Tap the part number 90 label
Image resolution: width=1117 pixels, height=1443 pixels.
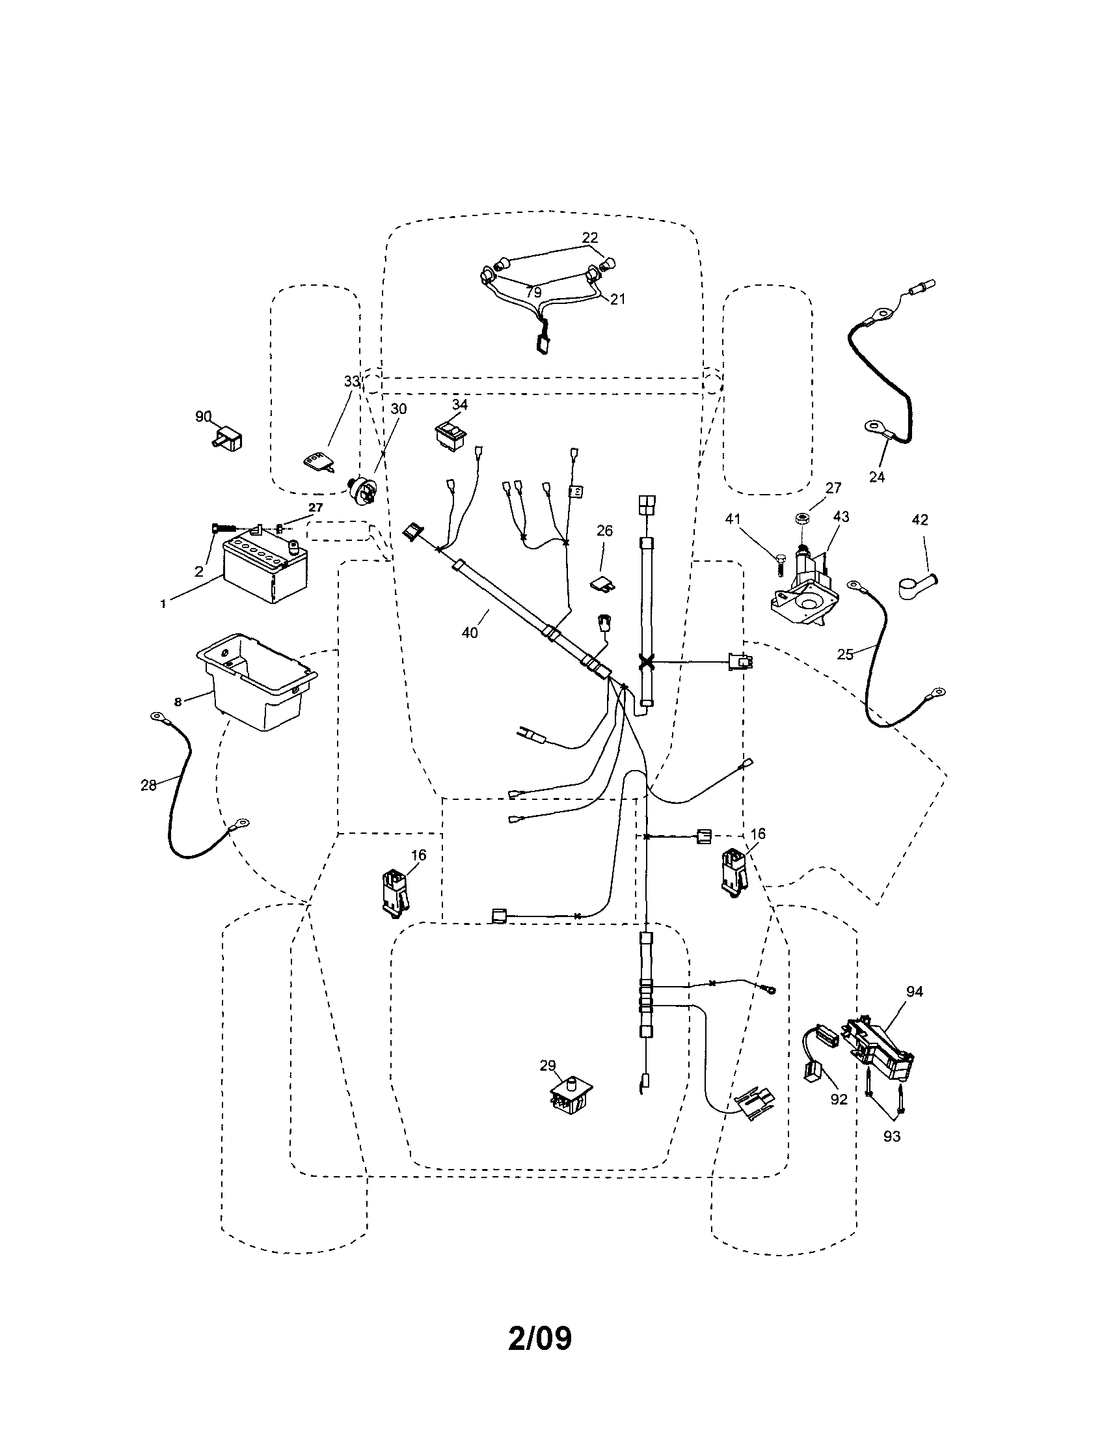click(203, 417)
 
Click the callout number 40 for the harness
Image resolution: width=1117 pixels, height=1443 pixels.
click(470, 632)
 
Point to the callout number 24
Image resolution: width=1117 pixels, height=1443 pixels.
click(876, 477)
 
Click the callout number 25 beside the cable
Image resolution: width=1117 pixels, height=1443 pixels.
click(845, 654)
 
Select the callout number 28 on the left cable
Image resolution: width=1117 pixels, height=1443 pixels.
click(148, 785)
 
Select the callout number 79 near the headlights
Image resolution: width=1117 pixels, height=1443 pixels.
click(533, 292)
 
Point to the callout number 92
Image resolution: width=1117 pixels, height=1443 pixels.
click(839, 1099)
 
